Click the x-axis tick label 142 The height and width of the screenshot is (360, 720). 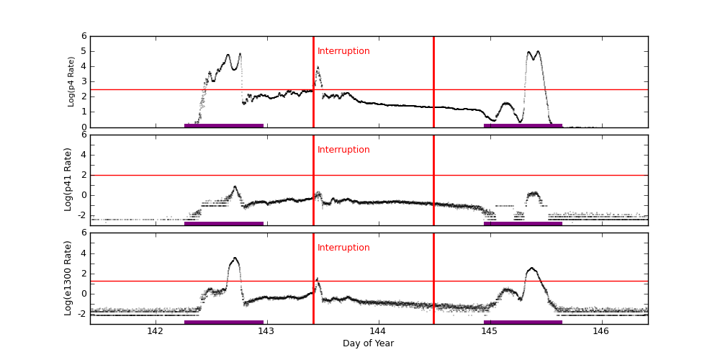click(x=155, y=331)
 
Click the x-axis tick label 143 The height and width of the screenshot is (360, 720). click(x=266, y=331)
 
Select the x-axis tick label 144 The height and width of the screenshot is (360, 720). click(x=378, y=331)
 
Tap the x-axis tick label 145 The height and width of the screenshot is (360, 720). click(x=490, y=331)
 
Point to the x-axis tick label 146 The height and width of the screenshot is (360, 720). click(x=601, y=331)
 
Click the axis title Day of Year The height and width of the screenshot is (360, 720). click(x=368, y=343)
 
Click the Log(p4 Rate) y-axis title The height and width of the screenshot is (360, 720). click(x=71, y=81)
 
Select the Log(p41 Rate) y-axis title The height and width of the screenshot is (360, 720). click(x=68, y=179)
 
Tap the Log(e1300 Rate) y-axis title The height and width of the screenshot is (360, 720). click(x=68, y=278)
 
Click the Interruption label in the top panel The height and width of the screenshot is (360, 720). click(x=343, y=51)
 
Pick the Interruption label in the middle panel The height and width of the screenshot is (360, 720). click(x=343, y=150)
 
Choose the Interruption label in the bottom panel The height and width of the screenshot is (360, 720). click(x=343, y=248)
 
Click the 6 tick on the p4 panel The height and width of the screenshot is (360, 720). click(x=84, y=36)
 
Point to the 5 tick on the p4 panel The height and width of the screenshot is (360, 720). click(x=84, y=51)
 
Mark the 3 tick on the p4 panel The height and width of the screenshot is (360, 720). click(x=84, y=81)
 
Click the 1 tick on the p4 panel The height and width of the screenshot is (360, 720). click(x=84, y=112)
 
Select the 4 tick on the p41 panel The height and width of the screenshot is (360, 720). click(x=84, y=155)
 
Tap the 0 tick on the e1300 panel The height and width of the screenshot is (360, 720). click(x=84, y=293)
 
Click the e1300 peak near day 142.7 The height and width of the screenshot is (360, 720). click(x=235, y=258)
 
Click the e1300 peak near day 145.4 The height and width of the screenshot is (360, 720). click(x=531, y=268)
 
